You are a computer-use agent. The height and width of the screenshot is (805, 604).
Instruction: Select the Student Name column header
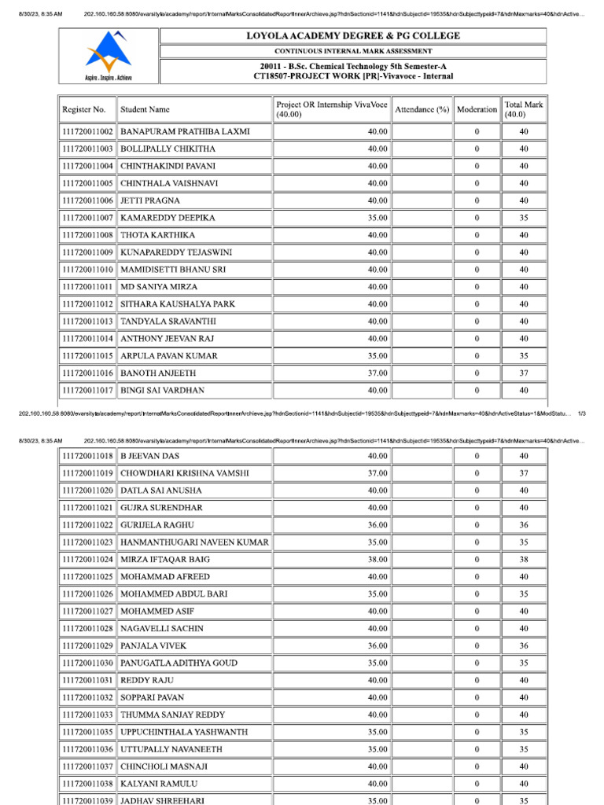[145, 110]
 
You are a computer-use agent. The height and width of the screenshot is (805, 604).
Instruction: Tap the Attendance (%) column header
[422, 110]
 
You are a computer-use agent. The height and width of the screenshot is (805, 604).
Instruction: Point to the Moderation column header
[477, 110]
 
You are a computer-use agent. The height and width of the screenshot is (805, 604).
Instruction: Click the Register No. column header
[83, 110]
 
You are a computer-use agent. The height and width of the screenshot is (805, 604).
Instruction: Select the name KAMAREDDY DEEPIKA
[168, 218]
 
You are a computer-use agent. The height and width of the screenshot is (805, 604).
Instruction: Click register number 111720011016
[87, 373]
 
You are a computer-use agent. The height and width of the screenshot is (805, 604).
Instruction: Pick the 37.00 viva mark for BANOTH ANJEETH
[377, 373]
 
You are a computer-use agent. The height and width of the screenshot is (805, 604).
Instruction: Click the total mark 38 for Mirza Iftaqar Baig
[524, 560]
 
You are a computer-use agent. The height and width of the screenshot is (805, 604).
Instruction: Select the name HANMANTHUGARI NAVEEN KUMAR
[194, 542]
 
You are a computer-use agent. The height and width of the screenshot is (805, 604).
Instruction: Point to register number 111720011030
[87, 663]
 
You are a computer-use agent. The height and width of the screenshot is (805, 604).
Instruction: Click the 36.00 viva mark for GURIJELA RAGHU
[377, 525]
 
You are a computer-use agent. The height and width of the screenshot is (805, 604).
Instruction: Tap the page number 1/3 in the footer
[581, 413]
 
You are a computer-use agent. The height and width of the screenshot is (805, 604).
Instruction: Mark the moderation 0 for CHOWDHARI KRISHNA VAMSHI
[477, 473]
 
